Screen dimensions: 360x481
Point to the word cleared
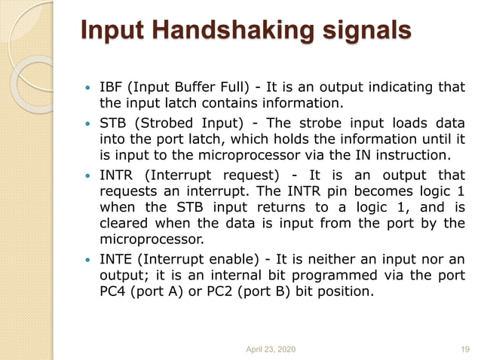tap(124, 224)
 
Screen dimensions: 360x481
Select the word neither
tap(333, 259)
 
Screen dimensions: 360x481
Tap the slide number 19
tap(465, 348)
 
